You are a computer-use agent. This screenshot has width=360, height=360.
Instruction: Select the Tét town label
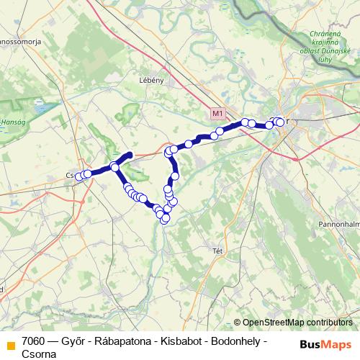coord(218,251)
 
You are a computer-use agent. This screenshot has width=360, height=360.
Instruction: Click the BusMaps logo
coord(325,343)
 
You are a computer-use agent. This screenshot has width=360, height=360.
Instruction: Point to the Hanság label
coord(11,123)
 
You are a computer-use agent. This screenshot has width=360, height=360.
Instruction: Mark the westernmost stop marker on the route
coord(79,176)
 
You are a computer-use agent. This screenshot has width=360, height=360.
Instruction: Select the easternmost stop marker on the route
coord(280,122)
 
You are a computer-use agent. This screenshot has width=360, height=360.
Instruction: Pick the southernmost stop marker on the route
coord(164,220)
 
